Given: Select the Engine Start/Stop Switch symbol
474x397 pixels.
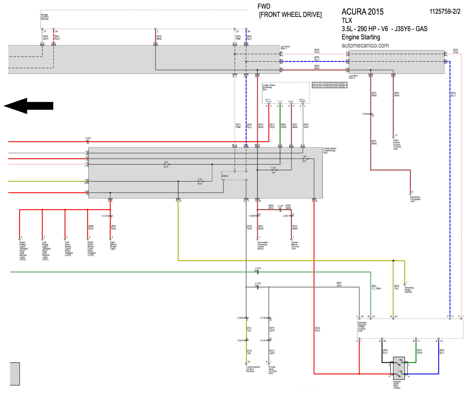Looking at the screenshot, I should [x=398, y=368].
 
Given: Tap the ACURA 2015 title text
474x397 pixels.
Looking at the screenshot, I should [x=362, y=12].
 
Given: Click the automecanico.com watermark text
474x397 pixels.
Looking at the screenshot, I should [x=365, y=45].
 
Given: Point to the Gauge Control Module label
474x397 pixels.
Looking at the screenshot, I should [x=44, y=17].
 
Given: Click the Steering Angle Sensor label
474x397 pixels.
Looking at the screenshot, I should [x=409, y=290].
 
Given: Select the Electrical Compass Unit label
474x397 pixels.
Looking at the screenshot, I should [x=415, y=199].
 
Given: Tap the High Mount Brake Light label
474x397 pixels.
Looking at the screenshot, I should [x=113, y=246].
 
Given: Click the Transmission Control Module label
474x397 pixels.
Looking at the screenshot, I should [x=253, y=369].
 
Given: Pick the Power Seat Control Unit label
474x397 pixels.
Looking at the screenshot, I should [x=272, y=370].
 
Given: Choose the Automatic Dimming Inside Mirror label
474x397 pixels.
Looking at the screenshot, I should [x=262, y=246].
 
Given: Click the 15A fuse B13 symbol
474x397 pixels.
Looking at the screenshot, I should [x=166, y=164].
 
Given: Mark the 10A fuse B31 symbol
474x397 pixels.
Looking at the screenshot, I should [x=305, y=159].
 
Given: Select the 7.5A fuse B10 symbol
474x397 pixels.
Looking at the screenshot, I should [x=200, y=181].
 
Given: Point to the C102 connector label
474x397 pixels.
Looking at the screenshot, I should [x=88, y=138].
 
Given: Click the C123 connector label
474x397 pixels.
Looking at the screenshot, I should [x=104, y=216].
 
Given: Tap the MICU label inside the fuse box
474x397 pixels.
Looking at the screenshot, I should [x=225, y=176].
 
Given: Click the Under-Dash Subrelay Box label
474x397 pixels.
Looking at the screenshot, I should [x=269, y=87].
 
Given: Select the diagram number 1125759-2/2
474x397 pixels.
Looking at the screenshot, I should [x=445, y=11].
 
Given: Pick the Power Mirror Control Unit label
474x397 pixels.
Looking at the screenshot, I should [x=295, y=246].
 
